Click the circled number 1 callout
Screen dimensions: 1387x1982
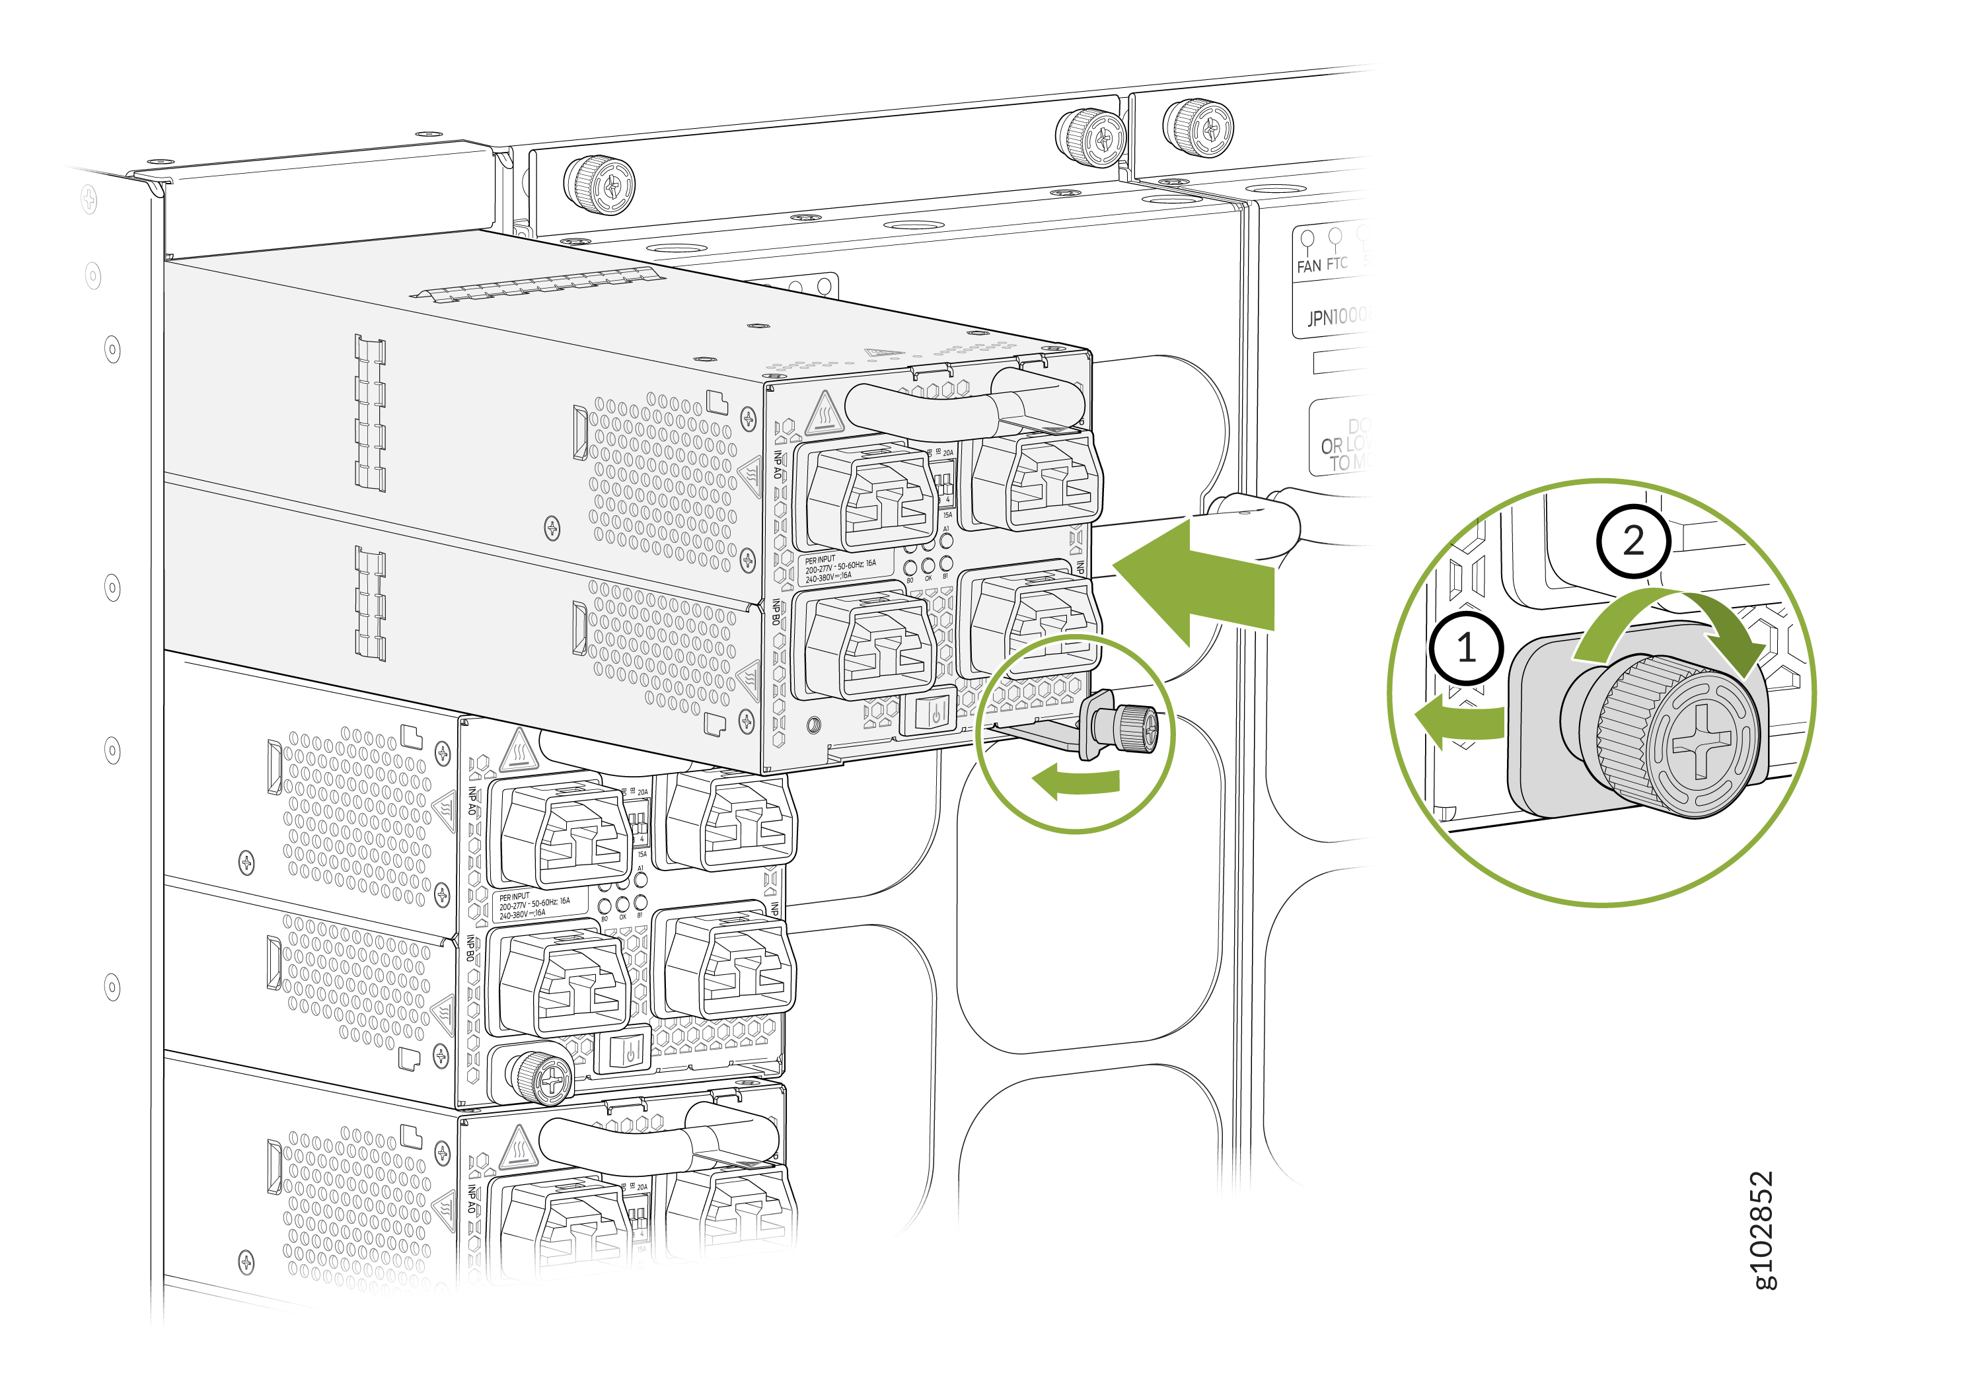tap(1466, 647)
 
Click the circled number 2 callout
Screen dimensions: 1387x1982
tap(1633, 541)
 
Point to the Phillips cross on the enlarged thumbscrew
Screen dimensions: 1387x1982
tap(1701, 740)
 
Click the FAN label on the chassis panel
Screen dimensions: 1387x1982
tap(1308, 267)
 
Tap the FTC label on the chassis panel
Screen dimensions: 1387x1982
tap(1337, 264)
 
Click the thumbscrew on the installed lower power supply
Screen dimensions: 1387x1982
tap(540, 1077)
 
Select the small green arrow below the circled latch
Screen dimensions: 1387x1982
tap(1075, 782)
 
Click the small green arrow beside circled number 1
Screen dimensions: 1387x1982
tap(1459, 721)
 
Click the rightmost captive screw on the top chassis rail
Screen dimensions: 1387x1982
tap(1199, 127)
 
